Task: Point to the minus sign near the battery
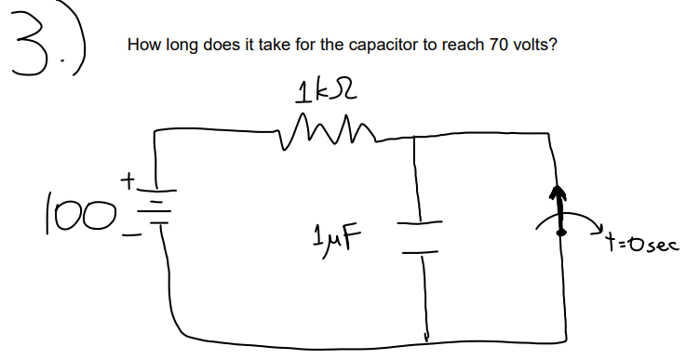(132, 237)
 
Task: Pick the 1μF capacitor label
(341, 229)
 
